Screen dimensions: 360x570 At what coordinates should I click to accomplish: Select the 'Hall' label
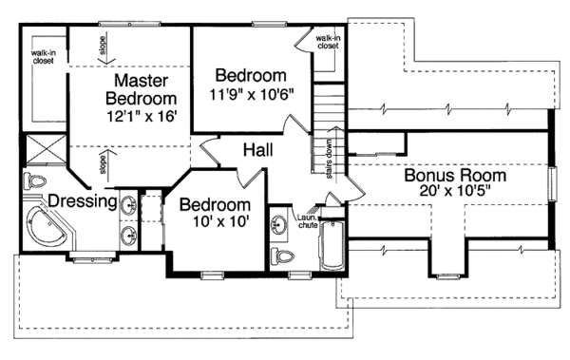tap(259, 150)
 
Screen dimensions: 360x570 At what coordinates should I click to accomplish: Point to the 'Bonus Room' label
tap(455, 176)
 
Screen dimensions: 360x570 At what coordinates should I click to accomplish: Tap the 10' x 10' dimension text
tap(216, 223)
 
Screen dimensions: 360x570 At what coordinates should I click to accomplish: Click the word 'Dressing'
tap(82, 200)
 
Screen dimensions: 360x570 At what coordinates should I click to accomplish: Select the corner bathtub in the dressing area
tap(46, 229)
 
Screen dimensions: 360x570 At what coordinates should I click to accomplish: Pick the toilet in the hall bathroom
tap(282, 256)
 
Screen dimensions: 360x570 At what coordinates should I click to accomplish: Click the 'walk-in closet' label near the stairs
tap(329, 40)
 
